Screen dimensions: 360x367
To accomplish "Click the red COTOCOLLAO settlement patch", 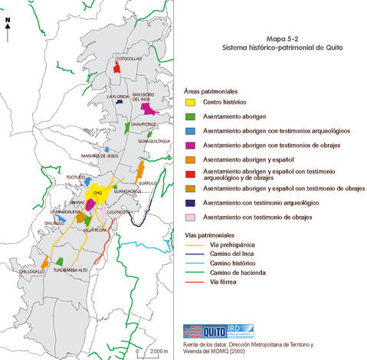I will [116, 67].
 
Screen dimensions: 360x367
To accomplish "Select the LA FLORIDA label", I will [120, 97].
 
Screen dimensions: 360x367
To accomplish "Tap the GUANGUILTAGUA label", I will [153, 141].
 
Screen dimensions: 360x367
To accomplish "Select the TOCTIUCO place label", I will [75, 177].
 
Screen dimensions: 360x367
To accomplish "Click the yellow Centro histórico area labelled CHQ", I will [97, 191].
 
